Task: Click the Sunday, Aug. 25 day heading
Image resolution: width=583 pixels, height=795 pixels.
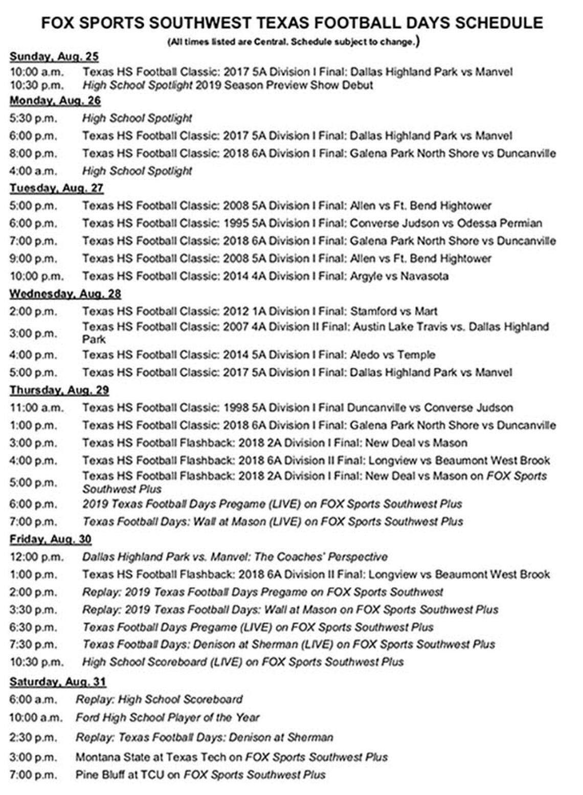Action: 54,57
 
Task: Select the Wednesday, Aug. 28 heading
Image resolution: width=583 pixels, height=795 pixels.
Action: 65,294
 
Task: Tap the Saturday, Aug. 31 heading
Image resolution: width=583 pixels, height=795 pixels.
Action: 57,682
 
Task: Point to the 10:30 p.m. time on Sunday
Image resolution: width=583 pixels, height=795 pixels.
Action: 36,85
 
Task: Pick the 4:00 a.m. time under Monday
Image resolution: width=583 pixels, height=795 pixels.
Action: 33,171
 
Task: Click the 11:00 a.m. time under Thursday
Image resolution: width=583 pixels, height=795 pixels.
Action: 36,408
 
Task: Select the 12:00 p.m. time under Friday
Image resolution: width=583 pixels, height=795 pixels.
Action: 36,557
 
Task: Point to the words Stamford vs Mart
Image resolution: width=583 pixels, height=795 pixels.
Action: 393,311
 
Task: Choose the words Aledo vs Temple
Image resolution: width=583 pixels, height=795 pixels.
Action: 392,355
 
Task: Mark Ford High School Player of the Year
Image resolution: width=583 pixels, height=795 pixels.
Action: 167,718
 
